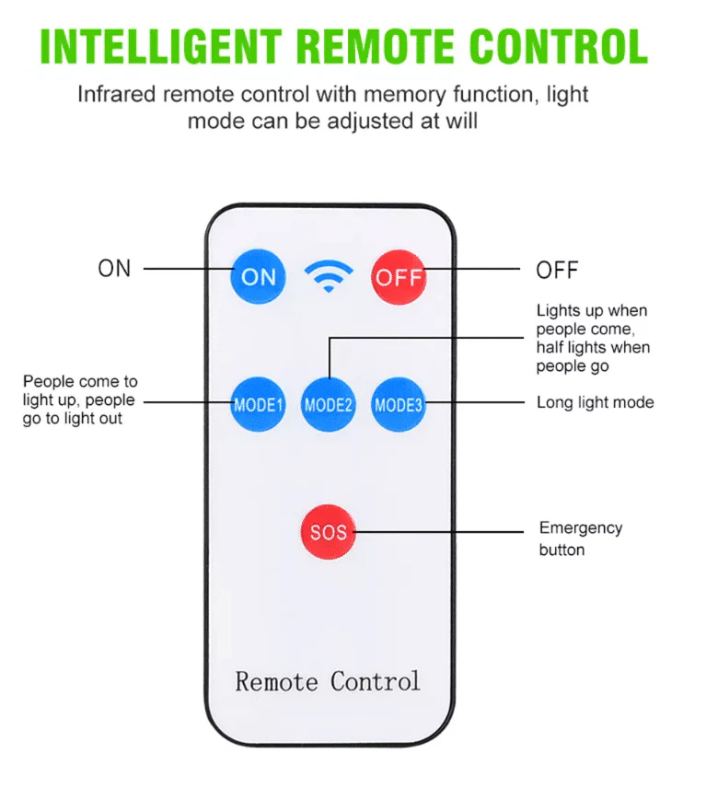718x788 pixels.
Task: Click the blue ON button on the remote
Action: (x=258, y=276)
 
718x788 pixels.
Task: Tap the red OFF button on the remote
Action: (x=399, y=277)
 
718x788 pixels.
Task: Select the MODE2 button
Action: (x=328, y=404)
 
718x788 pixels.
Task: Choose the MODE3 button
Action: (x=398, y=404)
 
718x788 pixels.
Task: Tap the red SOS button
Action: (x=328, y=532)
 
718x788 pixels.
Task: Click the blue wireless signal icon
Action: (x=329, y=275)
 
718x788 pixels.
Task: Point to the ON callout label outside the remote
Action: (x=114, y=269)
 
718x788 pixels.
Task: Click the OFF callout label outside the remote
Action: (x=557, y=270)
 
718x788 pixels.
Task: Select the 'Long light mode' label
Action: (x=595, y=402)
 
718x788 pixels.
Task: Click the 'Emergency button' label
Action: (x=580, y=539)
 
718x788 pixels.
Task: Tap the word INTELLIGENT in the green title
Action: (x=161, y=46)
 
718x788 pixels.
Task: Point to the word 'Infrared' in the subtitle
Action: (x=117, y=94)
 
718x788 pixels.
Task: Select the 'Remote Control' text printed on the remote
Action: (x=327, y=681)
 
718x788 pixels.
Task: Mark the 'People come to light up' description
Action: (x=80, y=400)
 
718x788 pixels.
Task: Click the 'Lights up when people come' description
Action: (x=593, y=338)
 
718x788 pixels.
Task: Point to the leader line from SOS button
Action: (x=438, y=532)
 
